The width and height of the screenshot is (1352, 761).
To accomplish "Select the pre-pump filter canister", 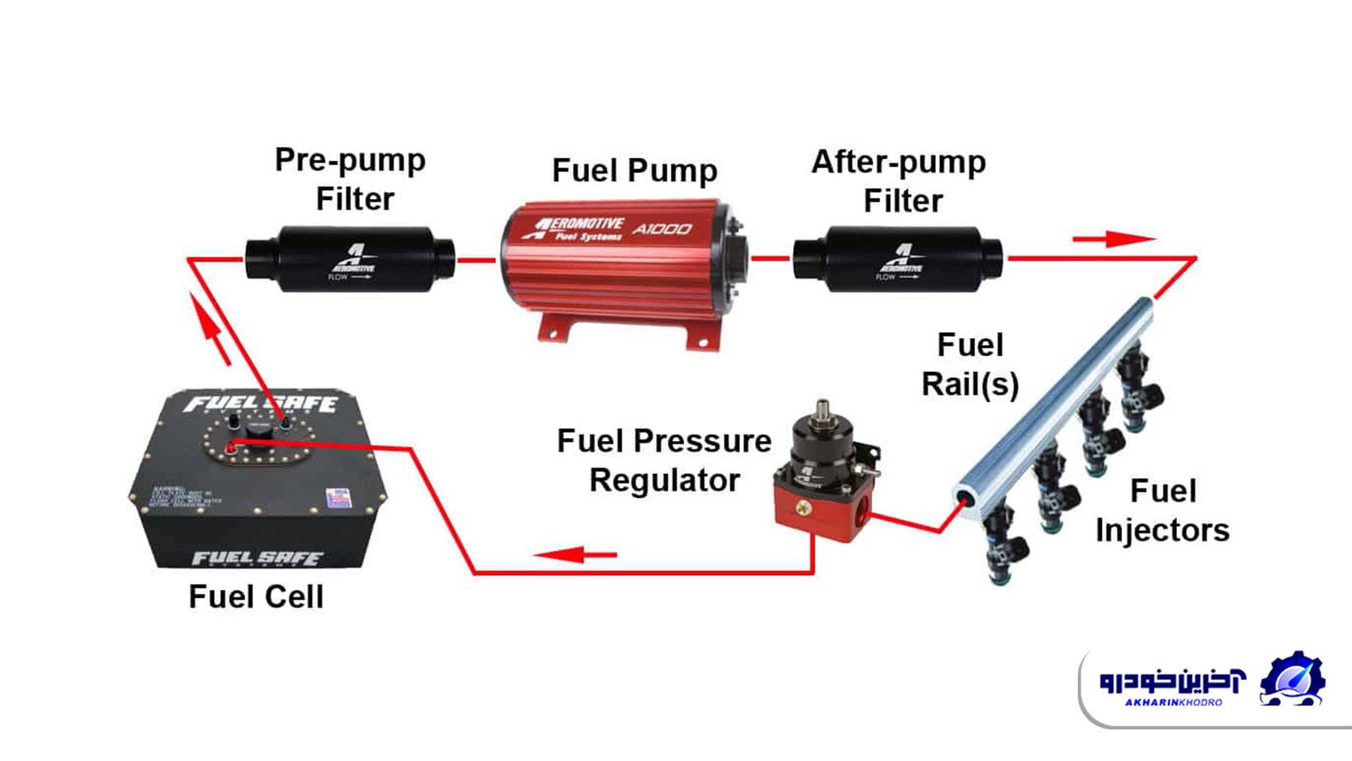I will click(x=350, y=259).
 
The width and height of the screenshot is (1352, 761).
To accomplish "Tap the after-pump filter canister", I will click(x=898, y=259).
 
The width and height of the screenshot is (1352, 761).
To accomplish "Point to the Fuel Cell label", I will click(x=256, y=597).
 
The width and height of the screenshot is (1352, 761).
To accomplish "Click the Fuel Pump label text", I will click(x=635, y=171).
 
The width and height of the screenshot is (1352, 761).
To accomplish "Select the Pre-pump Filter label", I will click(x=352, y=180).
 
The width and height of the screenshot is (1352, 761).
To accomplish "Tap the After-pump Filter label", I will click(x=900, y=181).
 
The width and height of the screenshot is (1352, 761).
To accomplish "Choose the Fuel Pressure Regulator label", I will click(x=664, y=461).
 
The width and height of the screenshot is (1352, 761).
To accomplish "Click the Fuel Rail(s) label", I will click(x=970, y=365).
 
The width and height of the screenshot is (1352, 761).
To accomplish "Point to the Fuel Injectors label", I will click(x=1162, y=511).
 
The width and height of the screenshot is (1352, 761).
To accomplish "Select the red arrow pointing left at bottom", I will click(x=575, y=555).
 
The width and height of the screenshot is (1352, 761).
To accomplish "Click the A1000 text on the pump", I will click(x=662, y=228).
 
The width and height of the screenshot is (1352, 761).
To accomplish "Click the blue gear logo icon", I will click(x=1293, y=679).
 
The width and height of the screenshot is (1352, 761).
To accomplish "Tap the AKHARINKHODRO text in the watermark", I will click(x=1173, y=702).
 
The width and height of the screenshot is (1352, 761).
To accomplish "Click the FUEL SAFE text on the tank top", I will click(x=261, y=404).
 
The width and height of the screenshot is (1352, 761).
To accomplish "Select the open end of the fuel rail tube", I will click(x=965, y=499).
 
